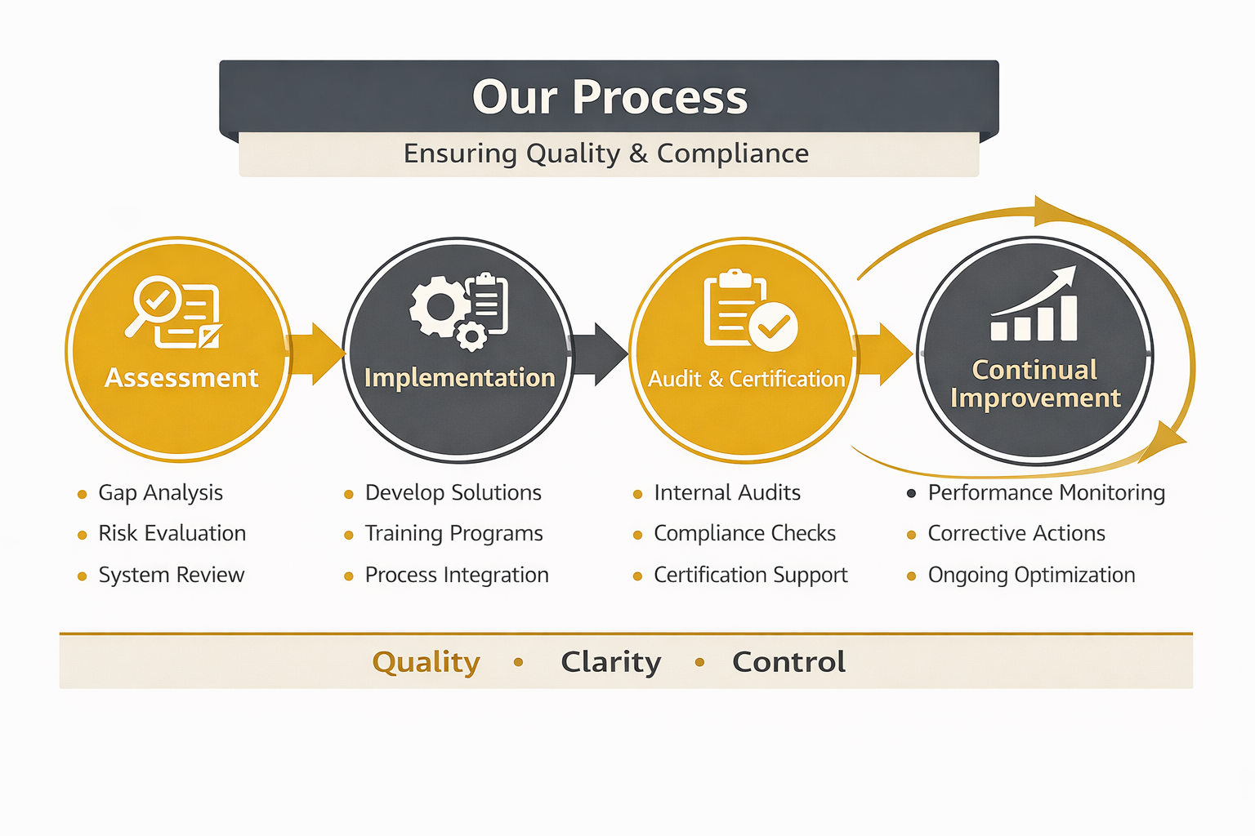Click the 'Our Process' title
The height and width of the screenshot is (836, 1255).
point(610,97)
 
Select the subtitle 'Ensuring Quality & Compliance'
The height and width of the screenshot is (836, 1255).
point(606,153)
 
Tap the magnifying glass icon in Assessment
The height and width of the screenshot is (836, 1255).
point(155,301)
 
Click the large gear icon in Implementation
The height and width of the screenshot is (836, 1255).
point(440,306)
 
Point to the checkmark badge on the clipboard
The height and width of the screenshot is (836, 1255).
point(773,327)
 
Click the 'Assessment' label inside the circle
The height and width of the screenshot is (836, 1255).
point(181,378)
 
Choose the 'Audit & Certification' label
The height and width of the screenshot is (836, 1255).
point(746,379)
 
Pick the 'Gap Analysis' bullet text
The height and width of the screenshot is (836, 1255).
point(160,493)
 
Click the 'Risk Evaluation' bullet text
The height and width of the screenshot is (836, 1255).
point(172,534)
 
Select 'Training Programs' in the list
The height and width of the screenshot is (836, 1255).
point(453,534)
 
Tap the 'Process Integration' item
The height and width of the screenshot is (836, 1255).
point(457,576)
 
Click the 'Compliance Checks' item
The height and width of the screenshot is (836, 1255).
point(744,534)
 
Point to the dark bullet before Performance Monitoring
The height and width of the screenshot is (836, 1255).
point(911,493)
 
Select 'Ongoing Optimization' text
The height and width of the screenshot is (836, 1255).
point(1031,576)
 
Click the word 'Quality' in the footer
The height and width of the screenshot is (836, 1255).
point(426,662)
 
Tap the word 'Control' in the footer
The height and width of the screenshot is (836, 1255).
point(788,662)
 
